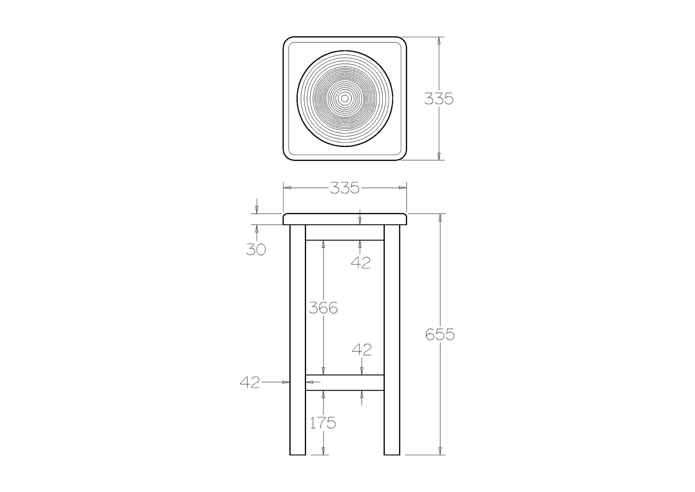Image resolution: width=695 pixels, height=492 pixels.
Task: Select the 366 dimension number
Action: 323,307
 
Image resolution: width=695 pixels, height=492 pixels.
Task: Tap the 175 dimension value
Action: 323,423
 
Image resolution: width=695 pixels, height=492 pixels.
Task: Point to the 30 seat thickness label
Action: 256,250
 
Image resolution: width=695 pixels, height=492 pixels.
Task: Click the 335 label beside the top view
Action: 438,99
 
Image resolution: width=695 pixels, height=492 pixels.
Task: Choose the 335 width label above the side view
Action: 344,188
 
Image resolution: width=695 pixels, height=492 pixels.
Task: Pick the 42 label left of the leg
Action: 250,382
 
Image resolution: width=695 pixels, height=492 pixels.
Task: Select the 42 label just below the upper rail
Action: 361,262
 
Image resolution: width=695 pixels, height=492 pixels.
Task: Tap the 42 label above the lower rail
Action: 362,350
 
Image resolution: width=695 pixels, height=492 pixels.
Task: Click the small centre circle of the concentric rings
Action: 345,98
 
